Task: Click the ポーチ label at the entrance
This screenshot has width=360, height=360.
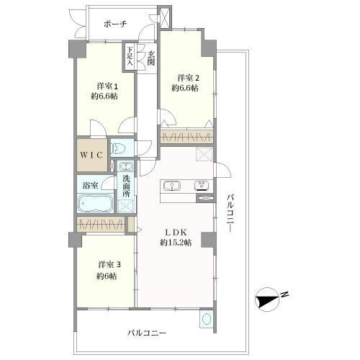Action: click(x=115, y=24)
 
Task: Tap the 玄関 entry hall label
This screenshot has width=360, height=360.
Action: click(x=151, y=58)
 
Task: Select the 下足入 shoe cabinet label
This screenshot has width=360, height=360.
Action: click(x=130, y=56)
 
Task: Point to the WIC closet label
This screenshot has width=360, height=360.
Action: click(x=91, y=155)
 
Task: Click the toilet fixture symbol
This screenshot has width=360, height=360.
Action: click(x=118, y=148)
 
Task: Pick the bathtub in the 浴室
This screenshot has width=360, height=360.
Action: click(x=95, y=203)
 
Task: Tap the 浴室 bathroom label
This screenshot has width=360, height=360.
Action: click(x=90, y=185)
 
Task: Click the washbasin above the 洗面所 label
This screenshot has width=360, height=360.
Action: click(x=126, y=166)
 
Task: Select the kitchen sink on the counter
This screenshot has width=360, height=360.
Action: click(x=172, y=186)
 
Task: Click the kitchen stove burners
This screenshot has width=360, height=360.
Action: click(x=202, y=185)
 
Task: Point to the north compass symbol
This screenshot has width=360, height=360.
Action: click(x=267, y=300)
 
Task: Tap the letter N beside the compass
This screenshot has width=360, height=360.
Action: click(x=284, y=294)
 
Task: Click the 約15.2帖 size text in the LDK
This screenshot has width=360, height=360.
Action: click(x=176, y=243)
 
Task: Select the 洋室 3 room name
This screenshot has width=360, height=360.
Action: click(x=109, y=265)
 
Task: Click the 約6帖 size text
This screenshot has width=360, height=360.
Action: click(x=107, y=276)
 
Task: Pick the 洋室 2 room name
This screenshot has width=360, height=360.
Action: click(x=189, y=78)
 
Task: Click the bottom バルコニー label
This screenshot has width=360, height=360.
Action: click(x=147, y=333)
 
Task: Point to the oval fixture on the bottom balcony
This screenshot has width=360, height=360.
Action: click(x=207, y=320)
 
